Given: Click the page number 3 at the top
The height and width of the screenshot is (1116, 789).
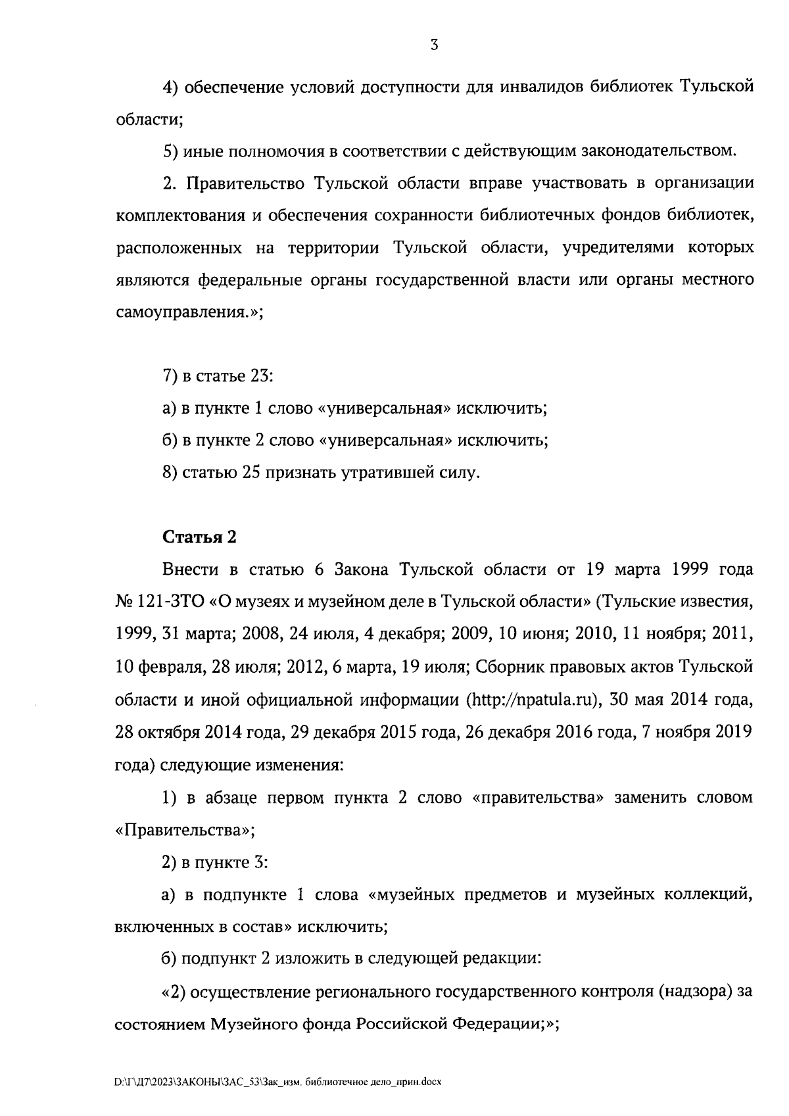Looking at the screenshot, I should (433, 45).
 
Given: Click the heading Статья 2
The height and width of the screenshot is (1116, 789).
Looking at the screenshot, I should (199, 537).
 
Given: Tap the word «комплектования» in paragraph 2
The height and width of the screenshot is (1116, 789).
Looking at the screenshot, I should (177, 216).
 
